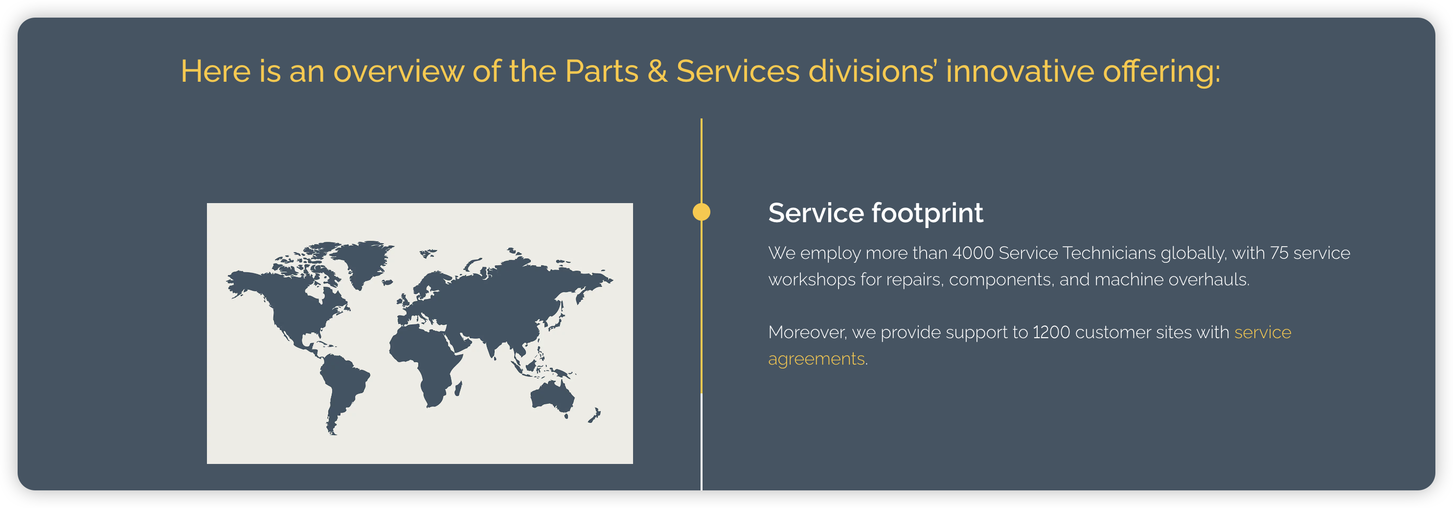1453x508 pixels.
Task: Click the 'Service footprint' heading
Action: (x=875, y=213)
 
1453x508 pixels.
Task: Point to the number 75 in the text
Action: (x=1279, y=253)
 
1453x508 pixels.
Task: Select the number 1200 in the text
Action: (x=1051, y=332)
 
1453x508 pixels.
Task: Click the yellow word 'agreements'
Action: (x=816, y=359)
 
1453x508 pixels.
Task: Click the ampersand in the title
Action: (x=657, y=71)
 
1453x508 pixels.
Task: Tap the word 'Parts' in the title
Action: (x=601, y=71)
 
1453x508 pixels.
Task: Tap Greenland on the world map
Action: (x=361, y=261)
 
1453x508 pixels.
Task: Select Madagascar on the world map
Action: (x=458, y=388)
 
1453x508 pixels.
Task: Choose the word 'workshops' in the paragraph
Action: (x=812, y=279)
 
